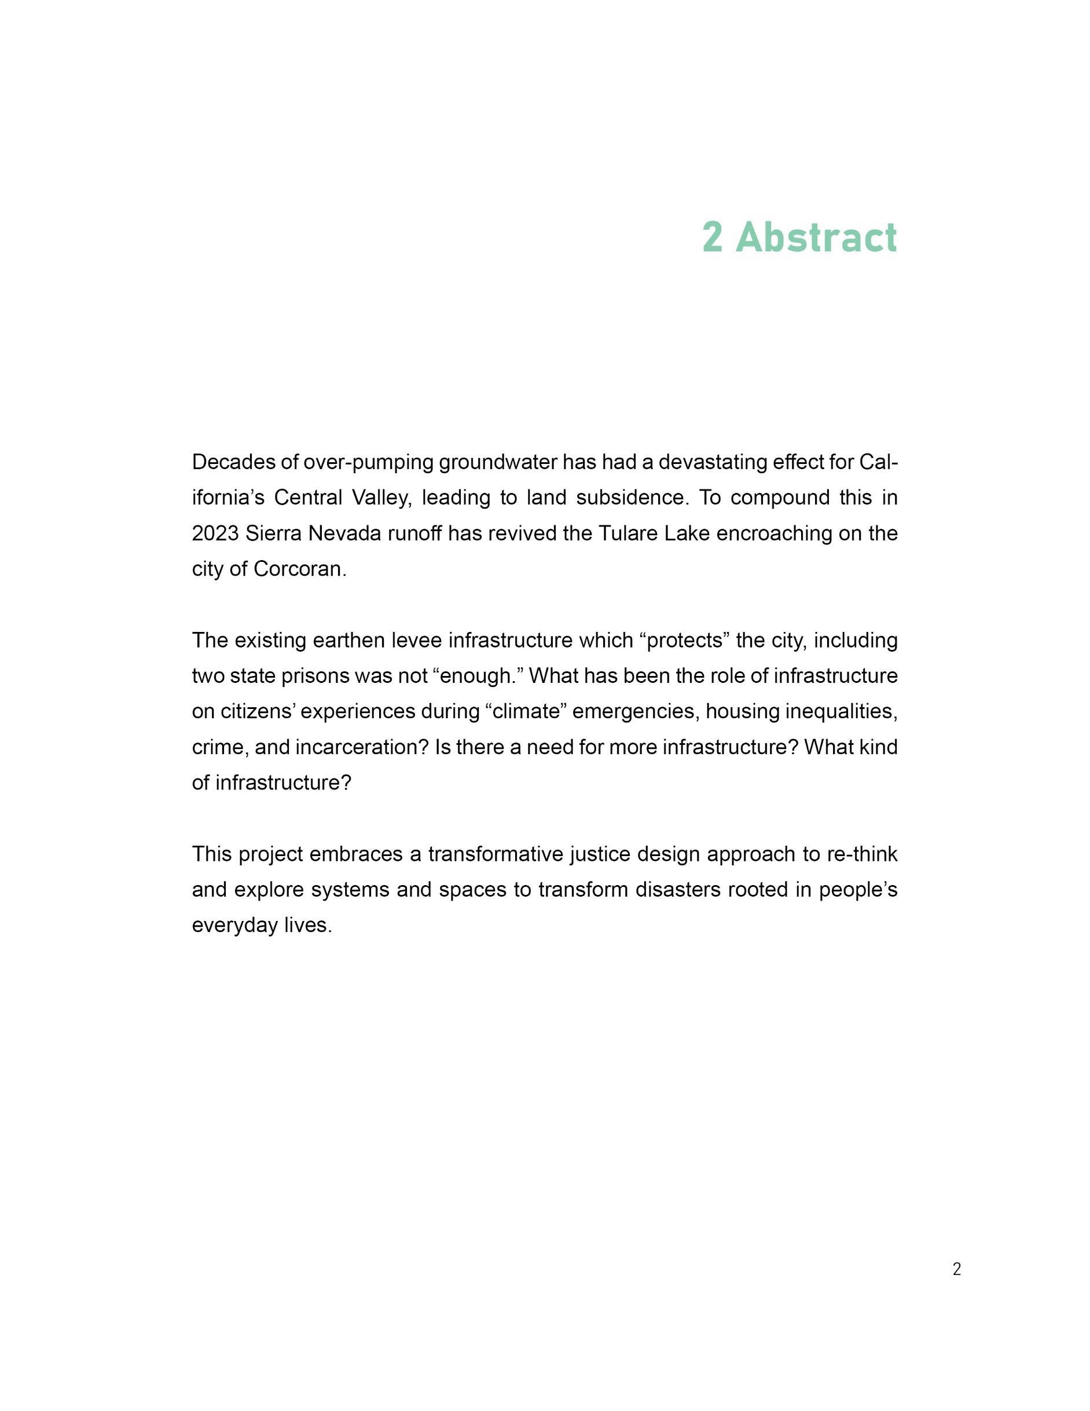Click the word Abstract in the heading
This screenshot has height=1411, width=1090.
[x=816, y=237]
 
